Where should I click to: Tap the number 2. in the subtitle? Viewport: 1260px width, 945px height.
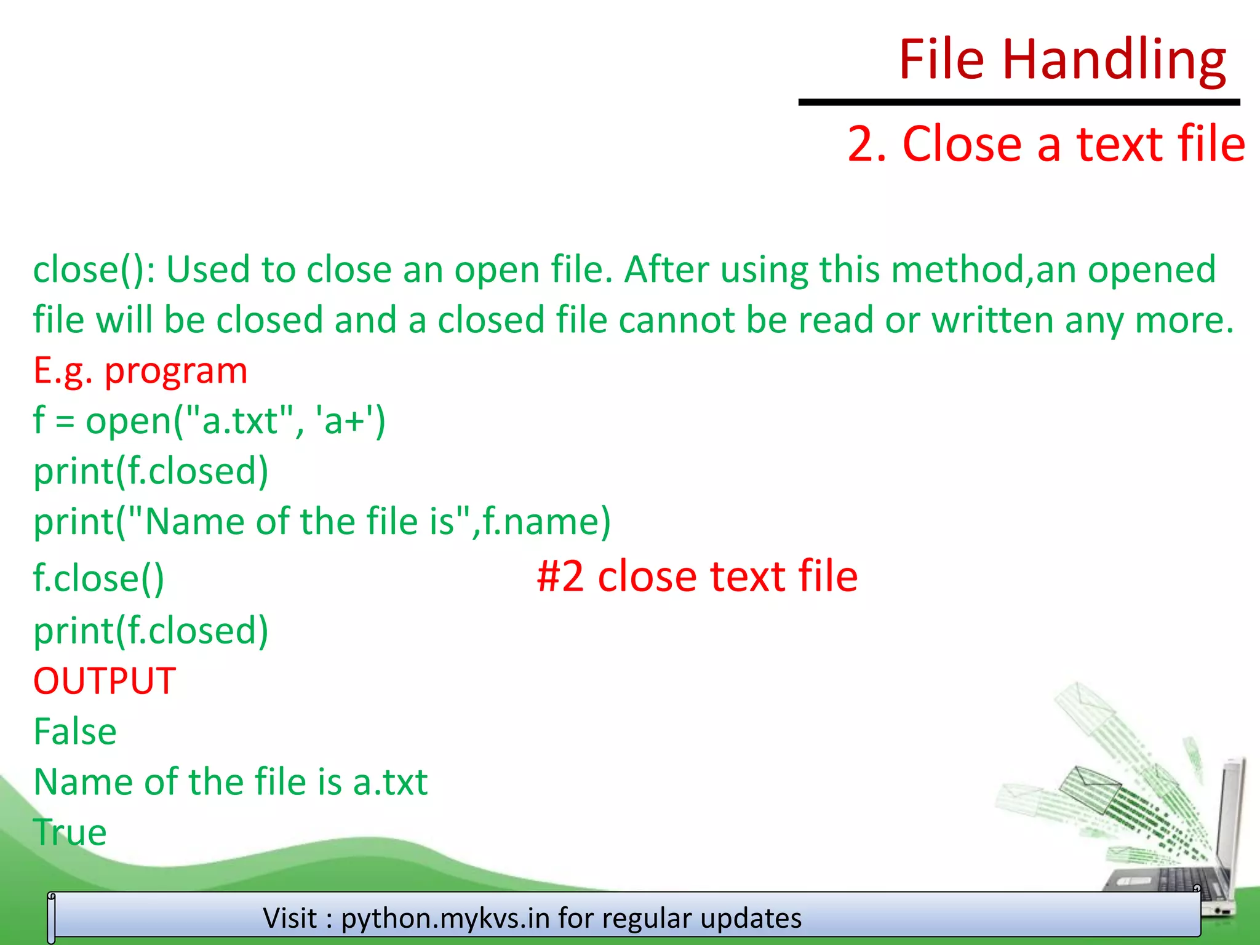coord(867,144)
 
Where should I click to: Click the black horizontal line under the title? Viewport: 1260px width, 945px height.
coord(1018,102)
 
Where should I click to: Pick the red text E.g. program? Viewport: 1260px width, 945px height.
coord(140,371)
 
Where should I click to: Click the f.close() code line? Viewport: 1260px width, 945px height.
coord(98,578)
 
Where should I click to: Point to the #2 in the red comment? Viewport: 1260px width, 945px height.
coord(560,576)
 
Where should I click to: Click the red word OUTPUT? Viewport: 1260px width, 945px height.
coord(105,681)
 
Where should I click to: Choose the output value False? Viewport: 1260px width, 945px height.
coord(75,732)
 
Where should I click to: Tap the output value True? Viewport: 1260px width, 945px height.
coord(70,832)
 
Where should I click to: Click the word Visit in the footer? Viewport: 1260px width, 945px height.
coord(290,918)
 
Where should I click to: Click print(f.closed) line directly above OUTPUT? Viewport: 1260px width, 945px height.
coord(151,631)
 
